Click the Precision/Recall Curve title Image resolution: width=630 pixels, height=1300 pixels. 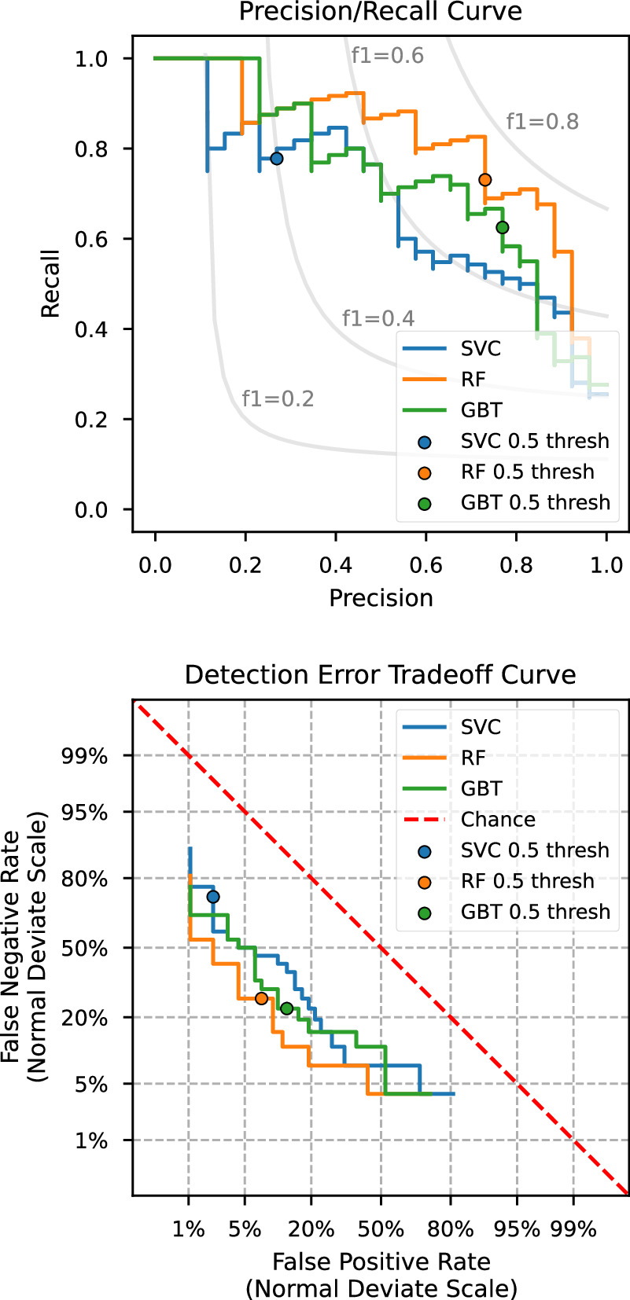381,12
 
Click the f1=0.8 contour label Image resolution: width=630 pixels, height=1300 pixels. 542,121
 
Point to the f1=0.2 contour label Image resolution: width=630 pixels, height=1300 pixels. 278,398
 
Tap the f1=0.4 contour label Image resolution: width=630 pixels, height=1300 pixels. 378,318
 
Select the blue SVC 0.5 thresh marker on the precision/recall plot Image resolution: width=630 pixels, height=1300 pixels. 276,158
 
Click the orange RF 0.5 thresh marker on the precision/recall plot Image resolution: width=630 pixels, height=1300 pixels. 485,180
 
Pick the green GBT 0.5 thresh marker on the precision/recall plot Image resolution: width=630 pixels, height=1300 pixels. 502,227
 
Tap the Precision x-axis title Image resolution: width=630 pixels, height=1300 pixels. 381,598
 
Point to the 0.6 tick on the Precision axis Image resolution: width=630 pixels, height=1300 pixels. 426,565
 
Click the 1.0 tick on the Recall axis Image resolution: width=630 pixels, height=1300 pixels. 91,59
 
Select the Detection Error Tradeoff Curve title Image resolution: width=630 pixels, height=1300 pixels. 381,675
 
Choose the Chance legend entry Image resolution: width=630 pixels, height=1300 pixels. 498,820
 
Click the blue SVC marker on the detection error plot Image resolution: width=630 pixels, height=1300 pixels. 212,897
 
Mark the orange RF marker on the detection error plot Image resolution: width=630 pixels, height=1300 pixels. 261,998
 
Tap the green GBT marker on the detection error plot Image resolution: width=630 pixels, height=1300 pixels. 286,1008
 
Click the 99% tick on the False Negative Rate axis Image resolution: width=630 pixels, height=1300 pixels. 84,756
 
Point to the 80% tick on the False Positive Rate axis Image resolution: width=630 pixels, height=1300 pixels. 451,1229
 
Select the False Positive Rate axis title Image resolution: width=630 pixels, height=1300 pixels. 381,1262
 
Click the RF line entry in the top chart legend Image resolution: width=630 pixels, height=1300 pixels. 473,380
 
